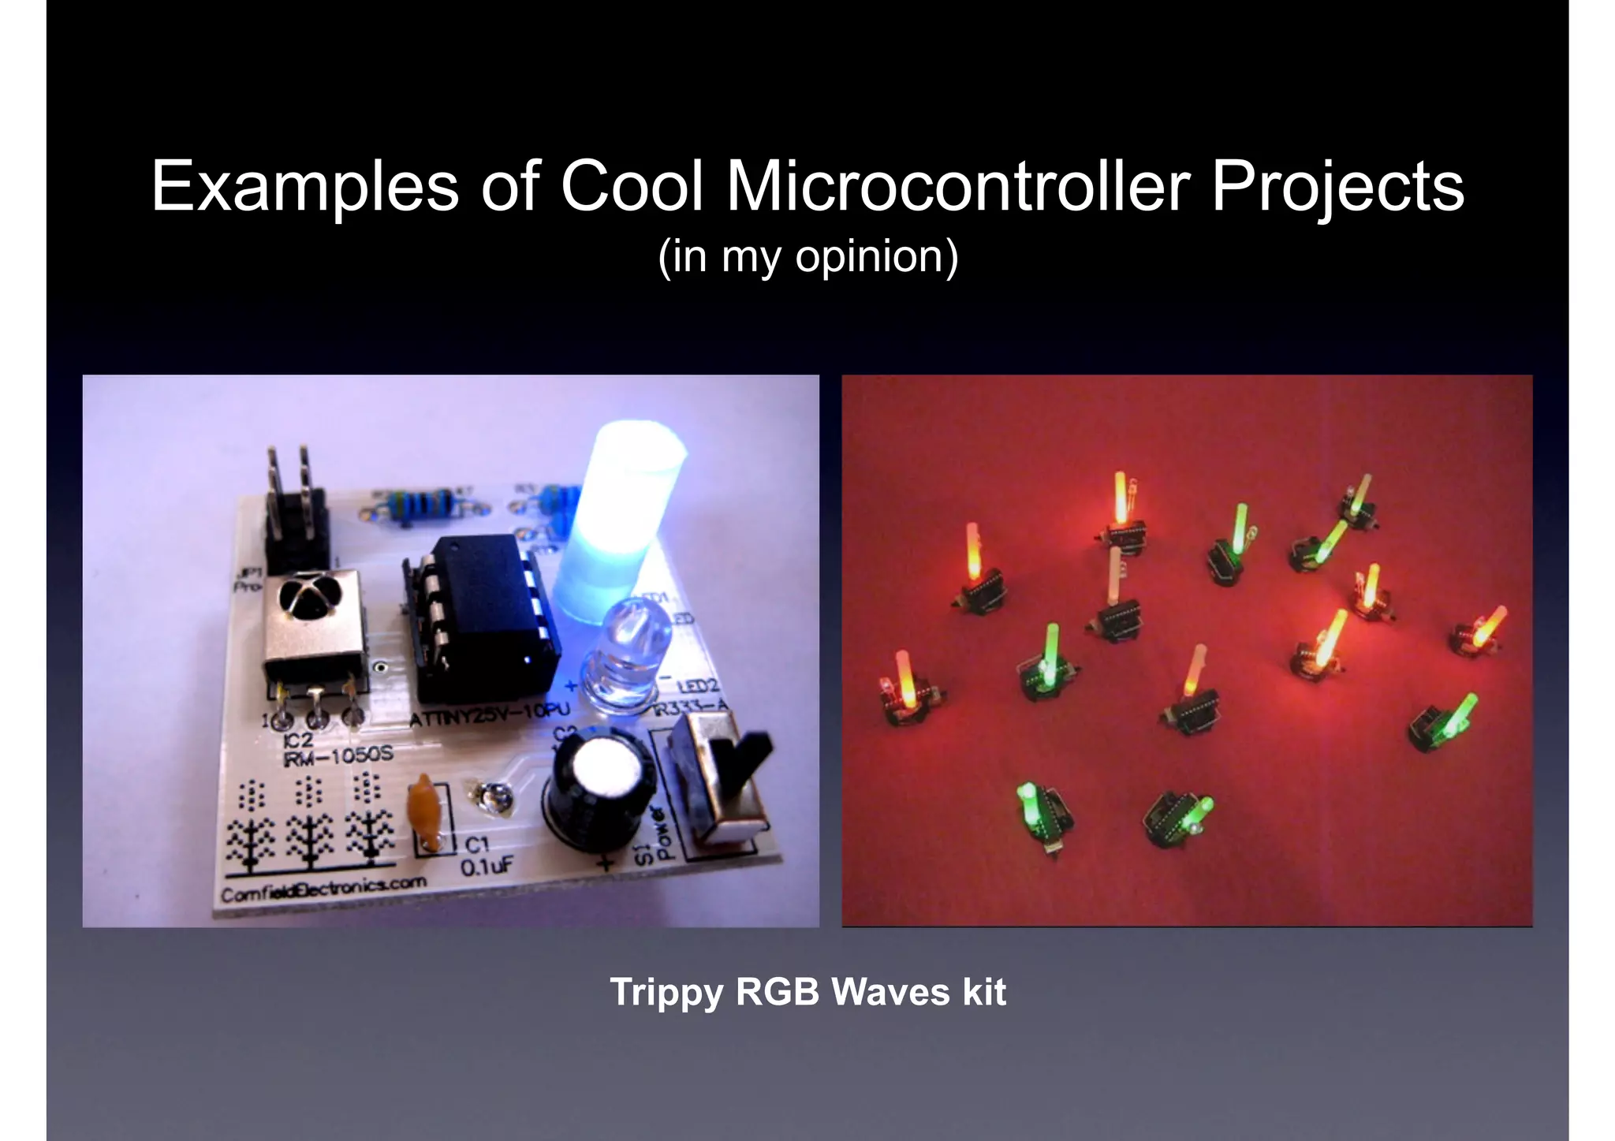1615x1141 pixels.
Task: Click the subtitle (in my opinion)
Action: pos(807,256)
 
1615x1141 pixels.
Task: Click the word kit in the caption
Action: pos(983,992)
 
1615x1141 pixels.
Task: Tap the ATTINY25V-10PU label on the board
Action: pos(489,714)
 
